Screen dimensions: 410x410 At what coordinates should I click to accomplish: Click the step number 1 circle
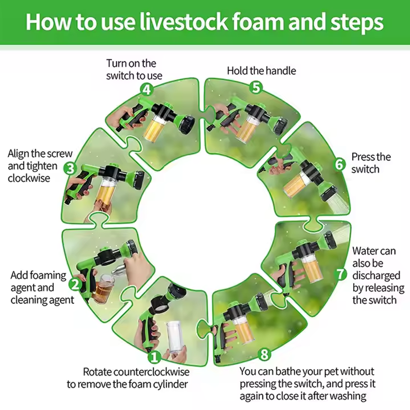point(154,357)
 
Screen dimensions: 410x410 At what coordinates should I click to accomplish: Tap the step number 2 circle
point(75,284)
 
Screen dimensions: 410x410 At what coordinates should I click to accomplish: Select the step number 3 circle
point(70,169)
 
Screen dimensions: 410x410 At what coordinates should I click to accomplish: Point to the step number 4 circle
point(147,90)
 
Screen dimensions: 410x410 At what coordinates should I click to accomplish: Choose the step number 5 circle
point(256,87)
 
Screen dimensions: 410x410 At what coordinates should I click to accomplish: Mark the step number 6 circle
point(340,165)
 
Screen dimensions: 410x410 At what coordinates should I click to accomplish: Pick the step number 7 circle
point(341,274)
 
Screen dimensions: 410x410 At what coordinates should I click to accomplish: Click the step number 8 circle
point(264,354)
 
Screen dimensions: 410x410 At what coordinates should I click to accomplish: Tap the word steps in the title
point(357,23)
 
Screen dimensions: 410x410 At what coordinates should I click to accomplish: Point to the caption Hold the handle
point(261,71)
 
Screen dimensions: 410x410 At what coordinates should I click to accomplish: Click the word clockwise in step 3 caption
point(29,178)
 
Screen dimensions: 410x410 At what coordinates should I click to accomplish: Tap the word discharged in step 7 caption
point(376,276)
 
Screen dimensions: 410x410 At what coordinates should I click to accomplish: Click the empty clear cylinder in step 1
point(176,337)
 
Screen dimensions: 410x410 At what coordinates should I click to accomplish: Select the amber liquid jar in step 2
point(104,288)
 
